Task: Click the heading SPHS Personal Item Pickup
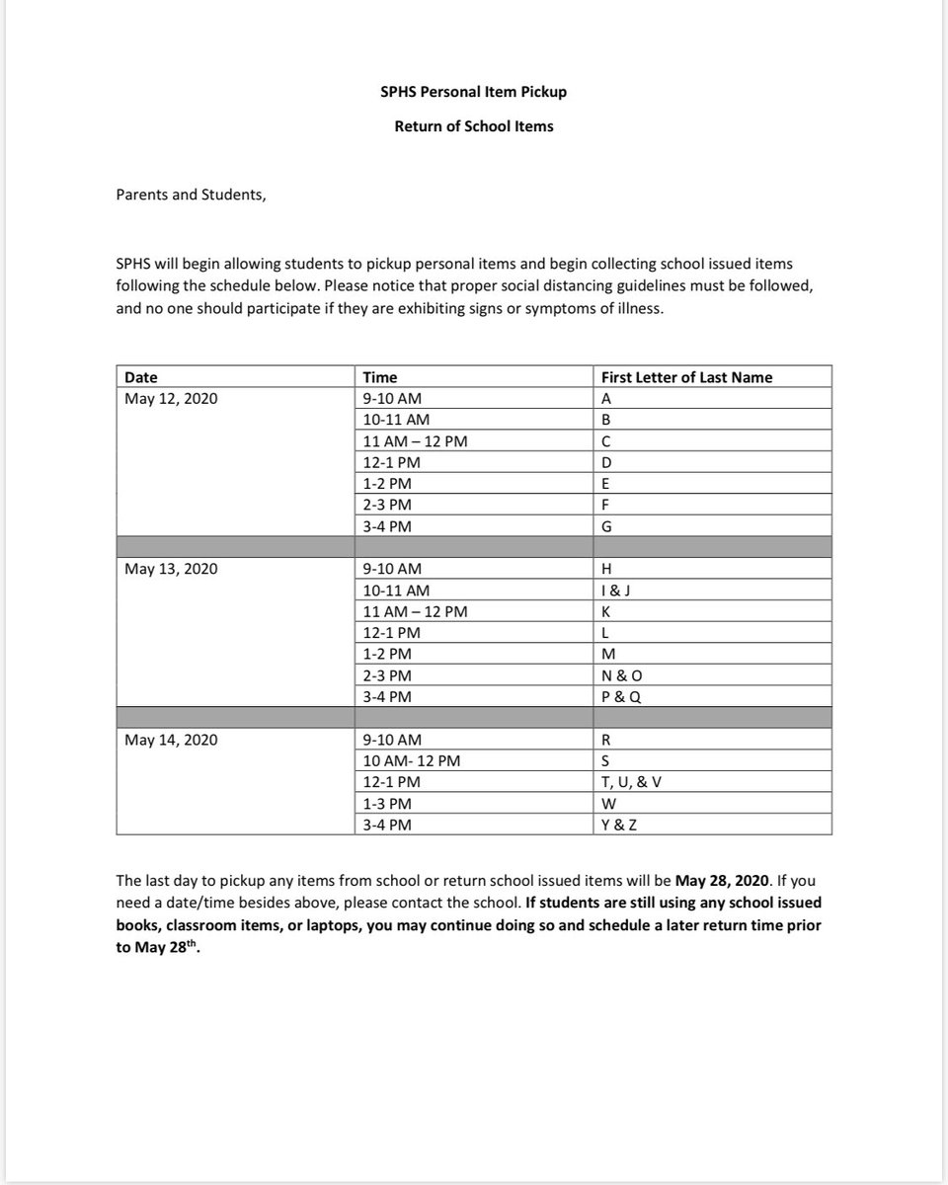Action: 474,92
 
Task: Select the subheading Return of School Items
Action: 474,126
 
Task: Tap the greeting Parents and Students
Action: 191,195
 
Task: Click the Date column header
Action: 140,377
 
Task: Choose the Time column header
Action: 380,377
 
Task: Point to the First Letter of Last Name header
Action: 686,377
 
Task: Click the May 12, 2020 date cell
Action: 171,399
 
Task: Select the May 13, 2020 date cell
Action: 171,569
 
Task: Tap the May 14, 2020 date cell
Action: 171,740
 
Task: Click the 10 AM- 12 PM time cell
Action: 411,761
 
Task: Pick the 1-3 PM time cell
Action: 387,804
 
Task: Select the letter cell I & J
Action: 616,591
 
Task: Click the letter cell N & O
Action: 621,675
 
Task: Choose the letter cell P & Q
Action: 620,697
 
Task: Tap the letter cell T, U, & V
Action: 631,782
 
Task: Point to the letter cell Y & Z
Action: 619,825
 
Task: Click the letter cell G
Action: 606,526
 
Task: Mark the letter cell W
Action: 608,804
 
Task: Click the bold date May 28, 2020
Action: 721,879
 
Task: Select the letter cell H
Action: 606,569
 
